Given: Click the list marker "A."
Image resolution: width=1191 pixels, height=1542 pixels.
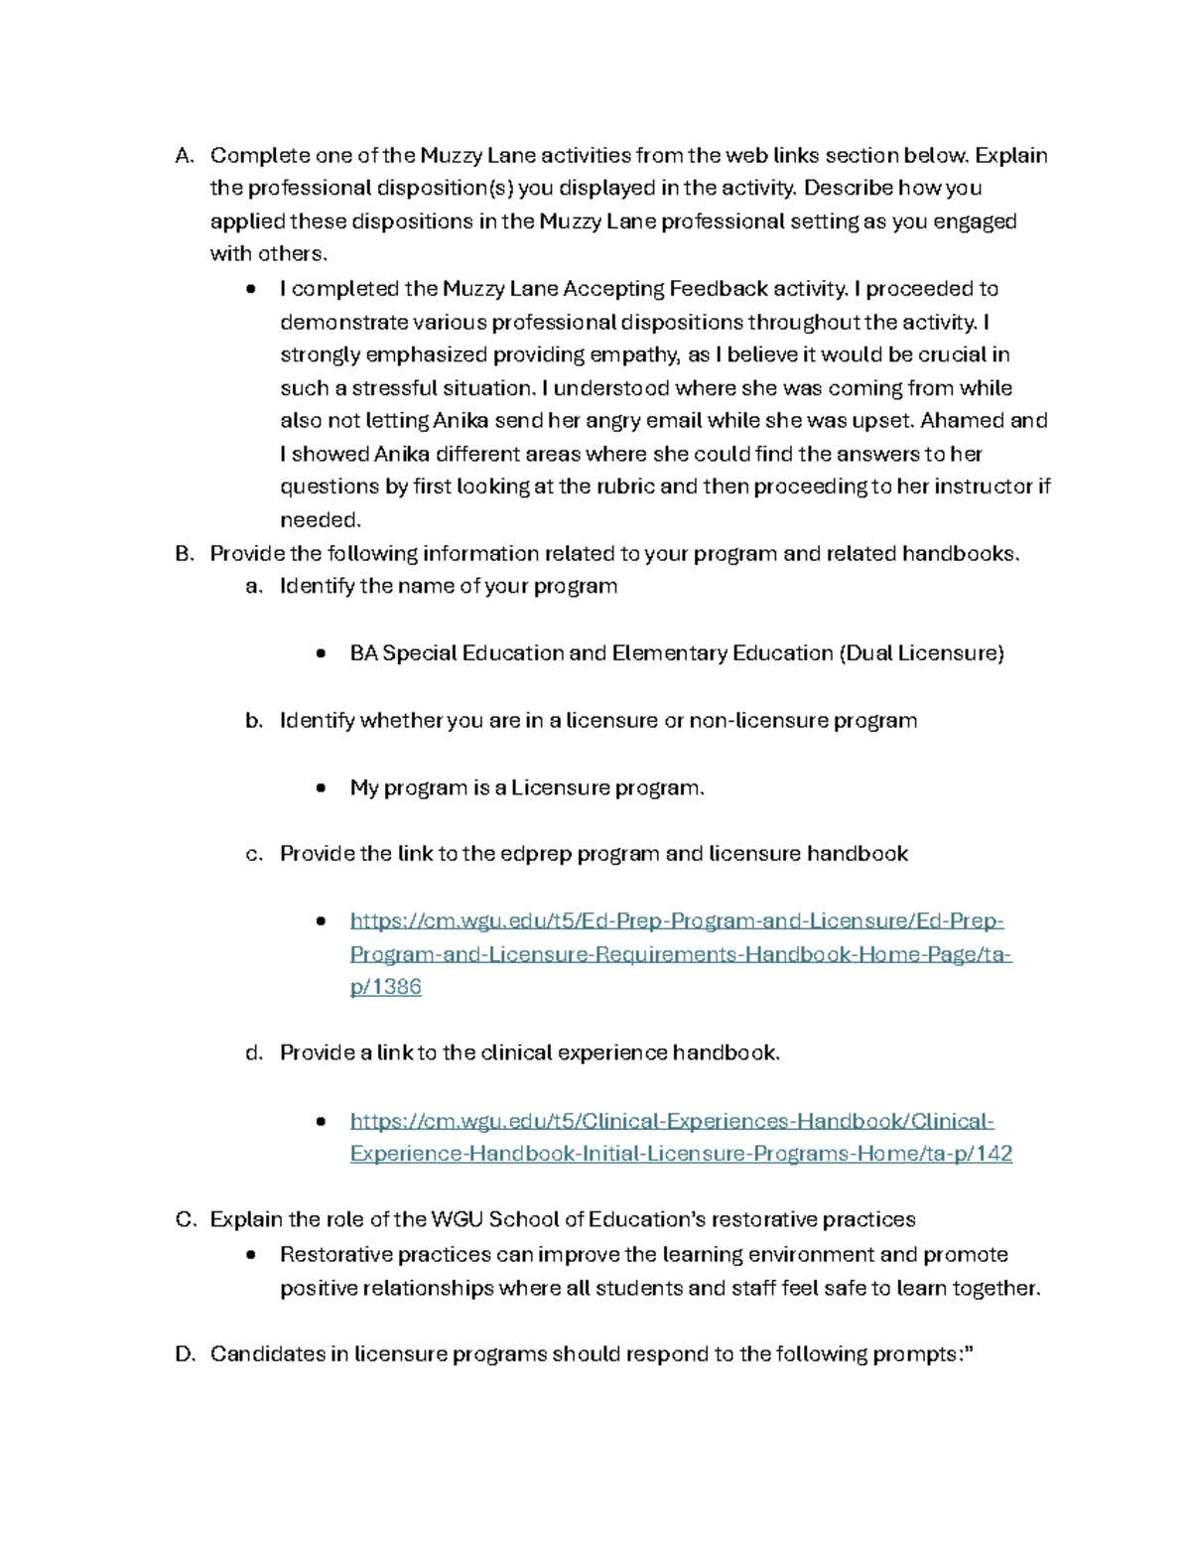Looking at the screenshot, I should (x=185, y=156).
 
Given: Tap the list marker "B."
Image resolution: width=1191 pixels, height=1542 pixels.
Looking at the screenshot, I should (x=185, y=554).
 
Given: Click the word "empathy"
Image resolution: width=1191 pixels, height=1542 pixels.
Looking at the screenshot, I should (x=640, y=355).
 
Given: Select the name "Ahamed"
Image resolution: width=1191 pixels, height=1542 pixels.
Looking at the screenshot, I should (x=963, y=421).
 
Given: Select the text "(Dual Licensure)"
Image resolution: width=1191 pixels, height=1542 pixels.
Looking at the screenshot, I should (x=921, y=653).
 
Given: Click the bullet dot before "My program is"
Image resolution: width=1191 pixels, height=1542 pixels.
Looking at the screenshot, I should (x=321, y=788).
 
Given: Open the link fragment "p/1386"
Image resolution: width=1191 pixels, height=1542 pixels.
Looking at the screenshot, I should (x=386, y=988).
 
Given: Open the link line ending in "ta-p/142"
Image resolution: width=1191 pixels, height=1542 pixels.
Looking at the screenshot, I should (x=681, y=1154).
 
